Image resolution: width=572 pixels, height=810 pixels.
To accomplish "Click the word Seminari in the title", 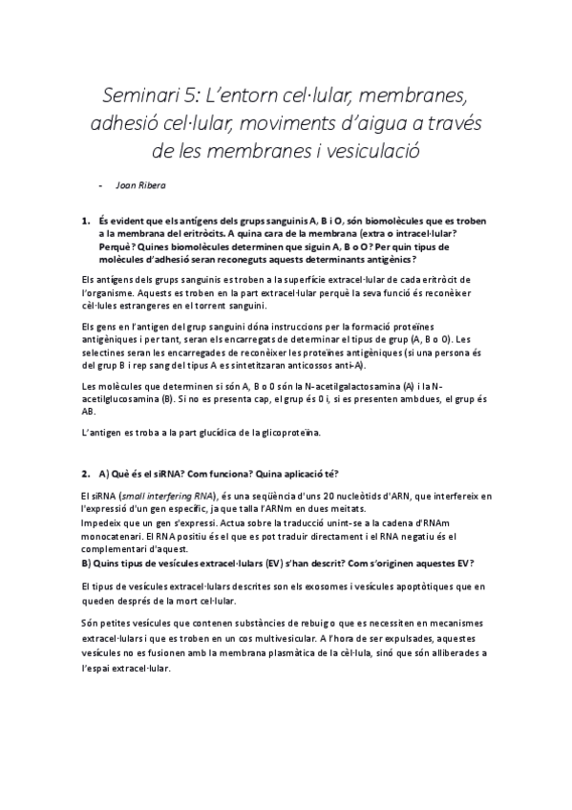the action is (140, 96).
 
